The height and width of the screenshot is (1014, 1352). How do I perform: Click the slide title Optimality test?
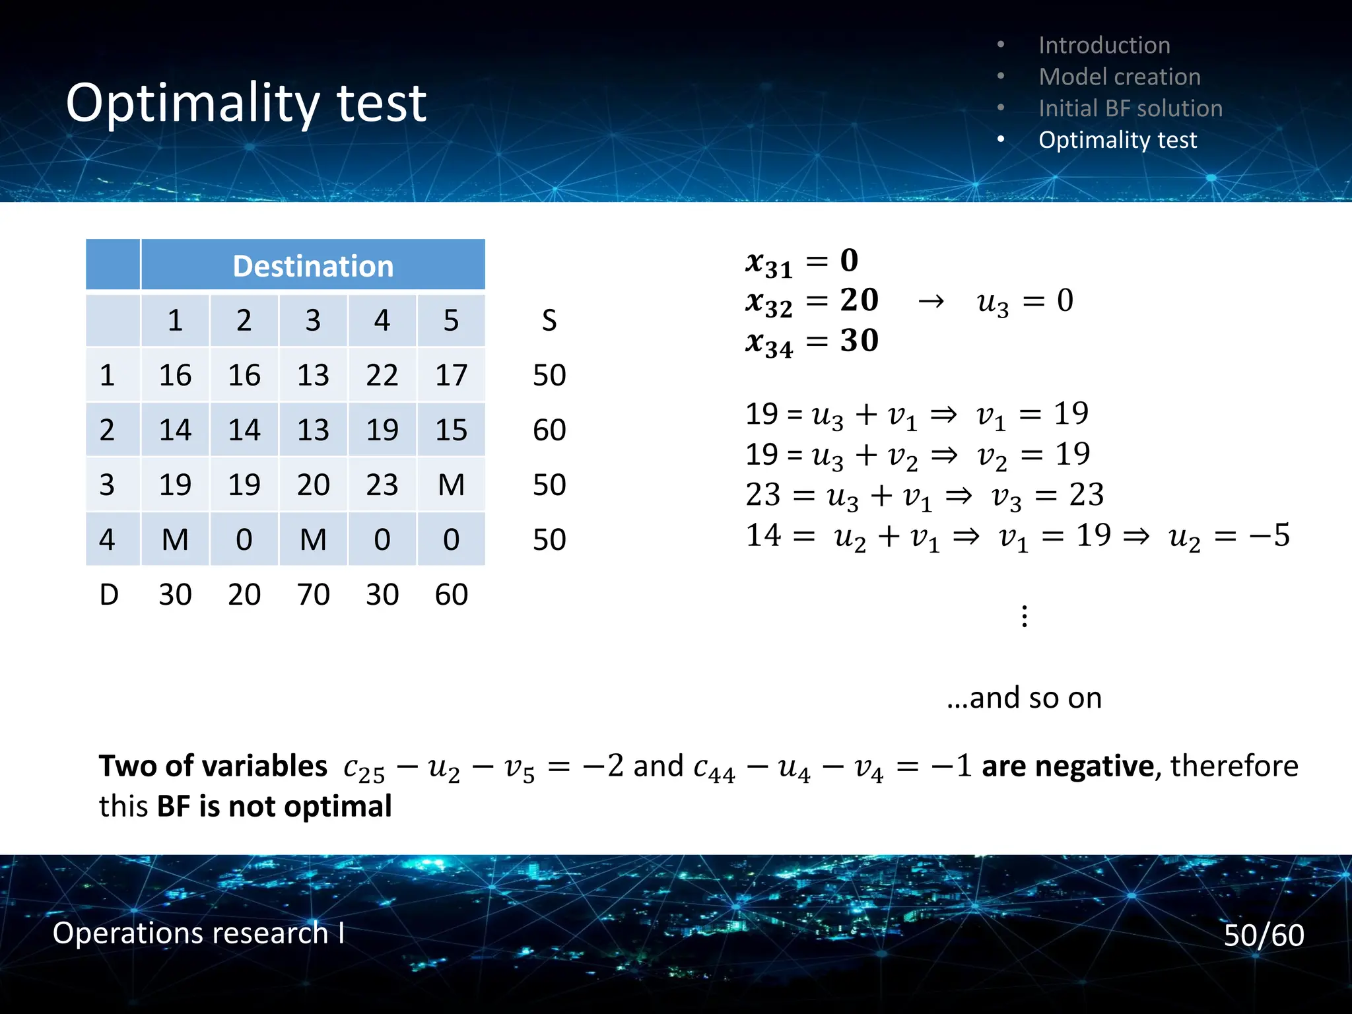(246, 103)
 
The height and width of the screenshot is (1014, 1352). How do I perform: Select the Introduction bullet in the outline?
(1104, 46)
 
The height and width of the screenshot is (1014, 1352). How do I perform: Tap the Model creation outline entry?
(1119, 77)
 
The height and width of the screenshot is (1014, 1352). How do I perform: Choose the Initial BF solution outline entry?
(1130, 109)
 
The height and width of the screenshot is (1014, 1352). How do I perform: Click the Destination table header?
(313, 266)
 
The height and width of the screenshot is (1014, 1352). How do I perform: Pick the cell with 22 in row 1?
(382, 376)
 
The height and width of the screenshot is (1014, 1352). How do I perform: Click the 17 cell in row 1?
(451, 376)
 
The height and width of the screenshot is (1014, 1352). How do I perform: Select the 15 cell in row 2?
(451, 430)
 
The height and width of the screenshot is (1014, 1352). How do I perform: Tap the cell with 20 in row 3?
(313, 485)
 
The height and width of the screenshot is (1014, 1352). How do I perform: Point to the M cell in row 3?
(451, 485)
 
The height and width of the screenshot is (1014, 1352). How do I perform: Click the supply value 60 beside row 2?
(549, 430)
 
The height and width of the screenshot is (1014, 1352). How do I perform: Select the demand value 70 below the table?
(313, 595)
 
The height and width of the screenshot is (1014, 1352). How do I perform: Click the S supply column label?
(549, 321)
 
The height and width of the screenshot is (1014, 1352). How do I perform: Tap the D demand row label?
(109, 595)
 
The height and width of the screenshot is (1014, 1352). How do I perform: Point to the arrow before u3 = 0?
(931, 302)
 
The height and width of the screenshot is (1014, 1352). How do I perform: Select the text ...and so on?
(1024, 698)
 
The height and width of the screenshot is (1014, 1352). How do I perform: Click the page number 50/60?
(1264, 935)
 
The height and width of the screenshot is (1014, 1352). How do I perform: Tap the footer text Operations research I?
(198, 933)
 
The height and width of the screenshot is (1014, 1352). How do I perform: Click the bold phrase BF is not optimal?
(274, 807)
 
